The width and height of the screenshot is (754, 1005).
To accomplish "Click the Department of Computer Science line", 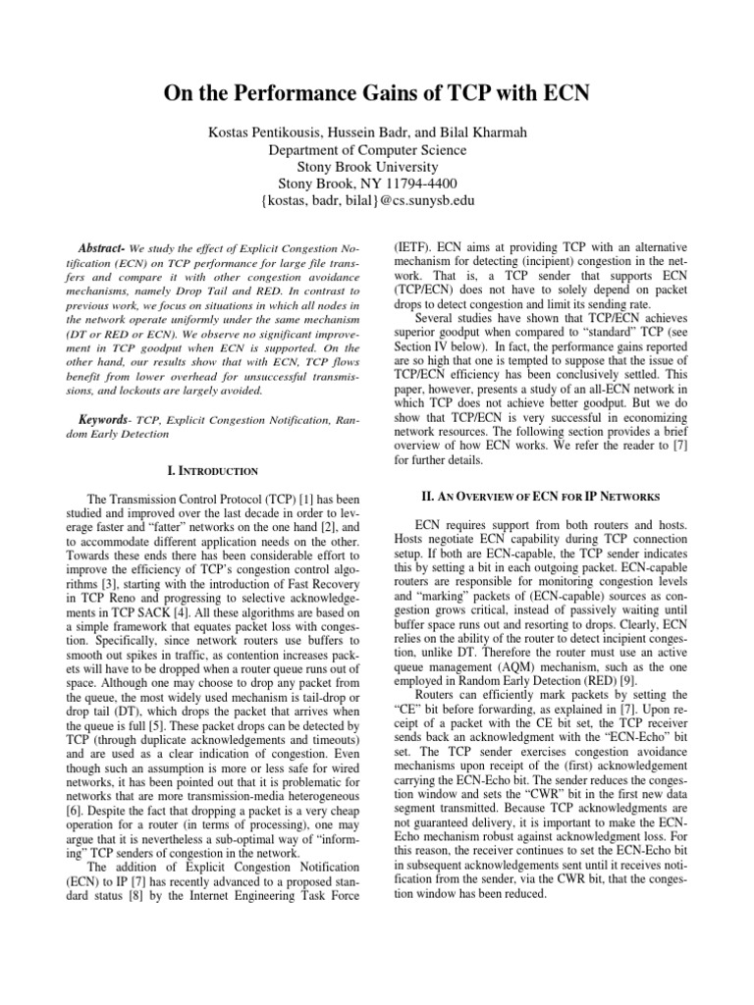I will [x=377, y=149].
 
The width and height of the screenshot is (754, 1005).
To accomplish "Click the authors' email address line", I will [x=377, y=200].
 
